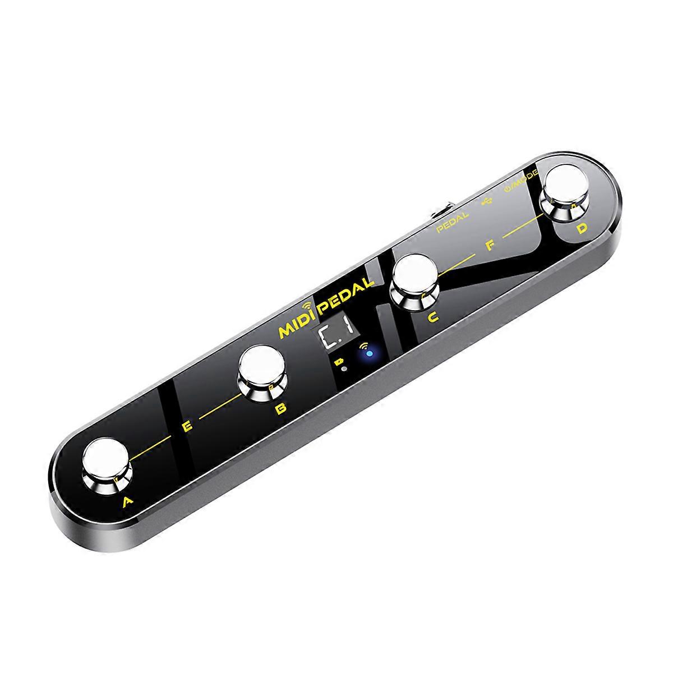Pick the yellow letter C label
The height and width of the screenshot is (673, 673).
pyautogui.click(x=432, y=318)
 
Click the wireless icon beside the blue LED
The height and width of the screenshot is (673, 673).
pyautogui.click(x=365, y=345)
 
